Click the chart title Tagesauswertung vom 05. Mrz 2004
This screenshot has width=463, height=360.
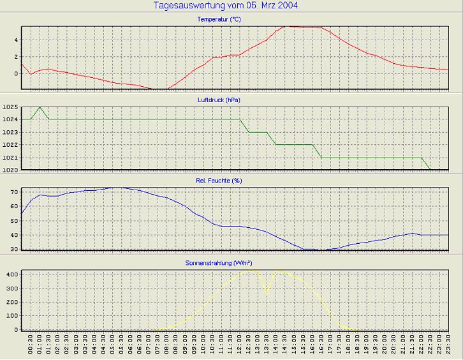tap(226, 6)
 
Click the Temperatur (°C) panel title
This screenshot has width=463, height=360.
tap(219, 20)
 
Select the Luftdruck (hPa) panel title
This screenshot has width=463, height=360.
tap(219, 100)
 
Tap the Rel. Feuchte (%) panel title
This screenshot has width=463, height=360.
tap(219, 181)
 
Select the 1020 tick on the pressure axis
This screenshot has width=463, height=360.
tap(10, 170)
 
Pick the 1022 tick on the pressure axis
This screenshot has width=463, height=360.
tap(10, 145)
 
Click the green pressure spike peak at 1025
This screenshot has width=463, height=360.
tap(40, 107)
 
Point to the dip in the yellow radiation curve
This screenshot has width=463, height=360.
tap(267, 292)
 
